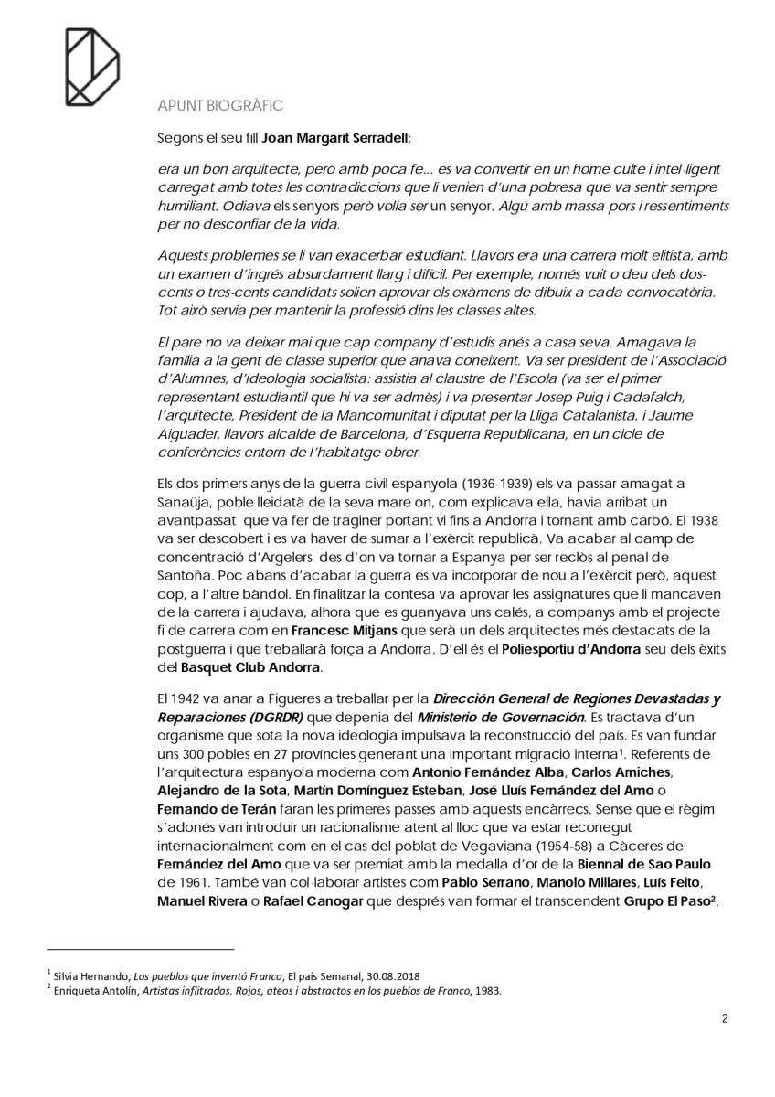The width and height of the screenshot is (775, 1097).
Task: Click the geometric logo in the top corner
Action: (91, 65)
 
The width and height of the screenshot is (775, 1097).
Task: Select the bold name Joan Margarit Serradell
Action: (335, 138)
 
